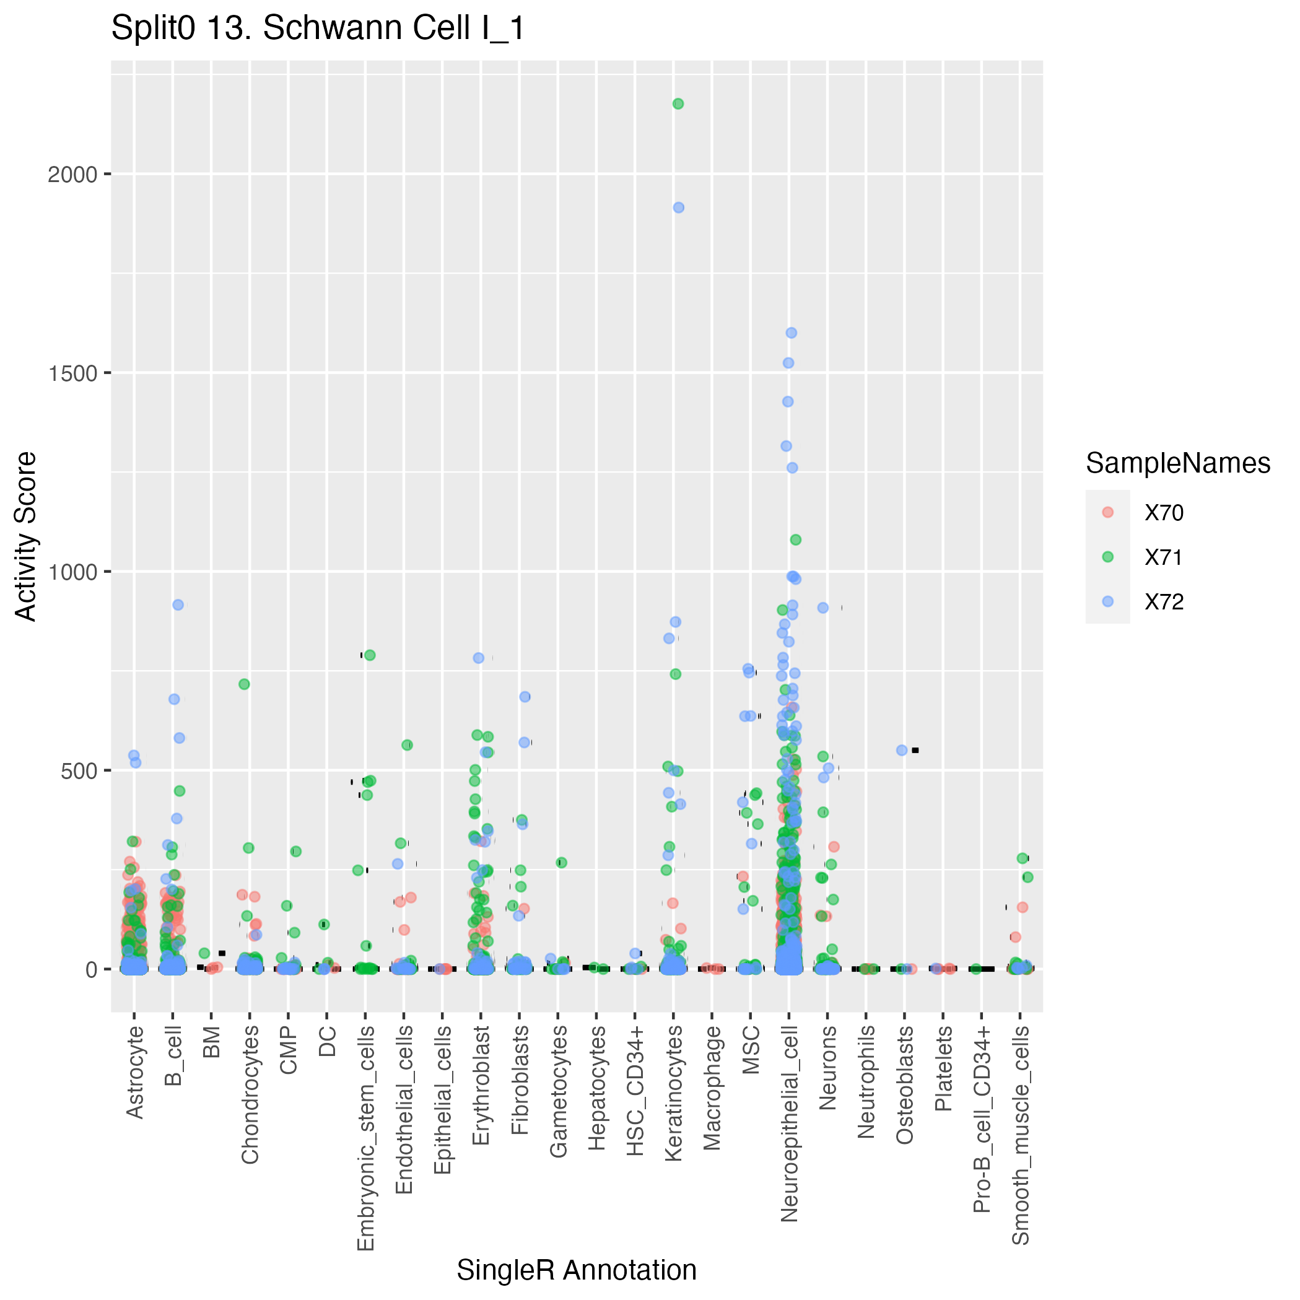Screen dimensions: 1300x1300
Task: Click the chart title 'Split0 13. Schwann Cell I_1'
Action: tap(318, 28)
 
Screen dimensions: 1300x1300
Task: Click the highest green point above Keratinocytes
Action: tap(678, 103)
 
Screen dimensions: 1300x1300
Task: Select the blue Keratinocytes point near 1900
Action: tap(679, 208)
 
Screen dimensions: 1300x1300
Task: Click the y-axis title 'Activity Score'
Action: tap(26, 536)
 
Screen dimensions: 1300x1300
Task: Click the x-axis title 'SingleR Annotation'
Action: tap(577, 1270)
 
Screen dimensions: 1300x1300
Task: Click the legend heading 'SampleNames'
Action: tap(1178, 464)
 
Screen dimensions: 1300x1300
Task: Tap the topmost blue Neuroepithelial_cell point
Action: tap(792, 333)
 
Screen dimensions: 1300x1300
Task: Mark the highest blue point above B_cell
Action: tap(178, 605)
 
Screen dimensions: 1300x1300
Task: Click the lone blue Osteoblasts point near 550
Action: tap(902, 750)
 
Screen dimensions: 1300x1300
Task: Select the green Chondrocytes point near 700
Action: tap(244, 684)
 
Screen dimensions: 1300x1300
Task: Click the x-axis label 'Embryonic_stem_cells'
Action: tap(365, 1138)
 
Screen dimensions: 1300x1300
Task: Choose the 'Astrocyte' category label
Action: tap(135, 1072)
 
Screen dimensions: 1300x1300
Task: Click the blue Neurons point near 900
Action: tap(823, 608)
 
